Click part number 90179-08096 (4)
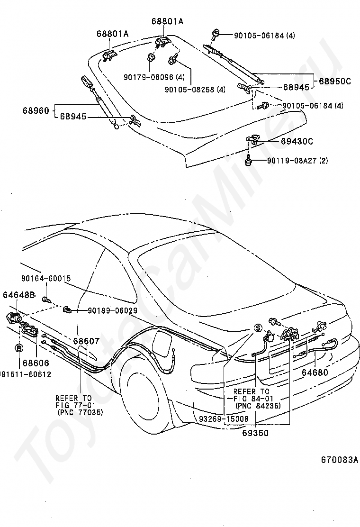(x=154, y=77)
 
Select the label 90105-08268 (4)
(x=195, y=90)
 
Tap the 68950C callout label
(x=334, y=81)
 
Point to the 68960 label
(x=36, y=110)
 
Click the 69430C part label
(x=297, y=141)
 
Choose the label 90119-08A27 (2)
(x=297, y=161)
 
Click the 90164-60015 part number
(x=46, y=278)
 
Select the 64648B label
(x=19, y=295)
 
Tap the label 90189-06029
(x=113, y=311)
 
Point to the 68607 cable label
(x=86, y=341)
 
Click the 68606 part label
(x=36, y=363)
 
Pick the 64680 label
(x=315, y=372)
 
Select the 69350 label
(x=256, y=433)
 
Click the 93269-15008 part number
(x=224, y=419)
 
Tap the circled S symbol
(x=258, y=327)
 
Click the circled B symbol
(x=19, y=348)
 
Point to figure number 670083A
(x=339, y=459)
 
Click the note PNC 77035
(x=80, y=412)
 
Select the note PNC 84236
(x=258, y=406)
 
